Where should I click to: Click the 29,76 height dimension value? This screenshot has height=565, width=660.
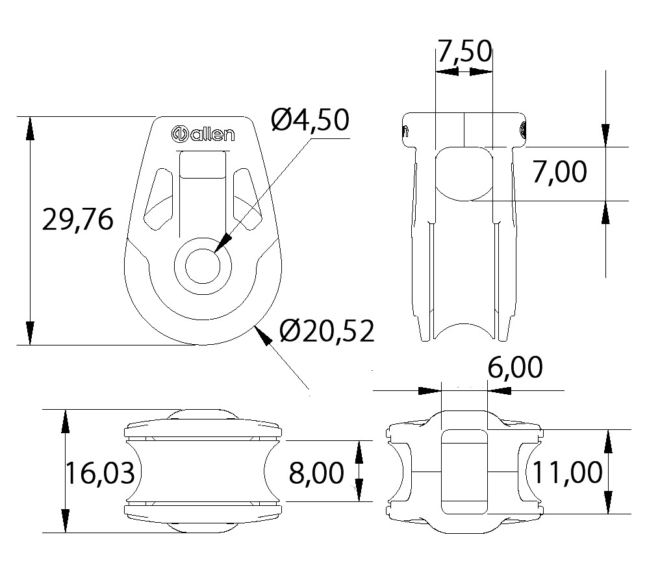tap(78, 220)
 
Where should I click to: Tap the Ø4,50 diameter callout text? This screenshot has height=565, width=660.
tap(310, 119)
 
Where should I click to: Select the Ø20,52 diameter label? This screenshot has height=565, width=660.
tap(327, 331)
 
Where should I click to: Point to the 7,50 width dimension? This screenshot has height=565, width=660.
tap(464, 51)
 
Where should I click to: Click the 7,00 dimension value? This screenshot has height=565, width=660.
tap(559, 171)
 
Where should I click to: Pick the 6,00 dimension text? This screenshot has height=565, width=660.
tap(515, 368)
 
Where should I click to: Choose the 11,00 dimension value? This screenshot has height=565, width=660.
tap(567, 472)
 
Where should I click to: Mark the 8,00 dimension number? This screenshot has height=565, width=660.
tap(316, 472)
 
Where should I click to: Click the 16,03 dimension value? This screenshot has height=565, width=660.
tap(100, 472)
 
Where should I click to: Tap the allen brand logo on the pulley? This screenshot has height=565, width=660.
tap(203, 133)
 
